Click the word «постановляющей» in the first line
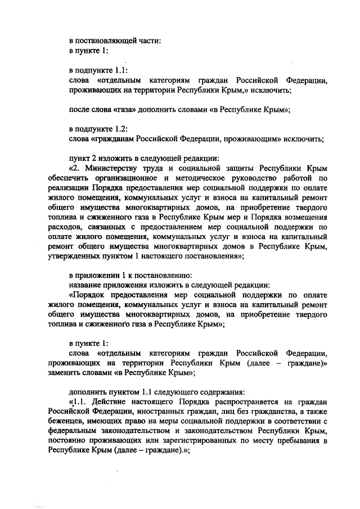point(105,40)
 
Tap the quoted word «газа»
point(120,110)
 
